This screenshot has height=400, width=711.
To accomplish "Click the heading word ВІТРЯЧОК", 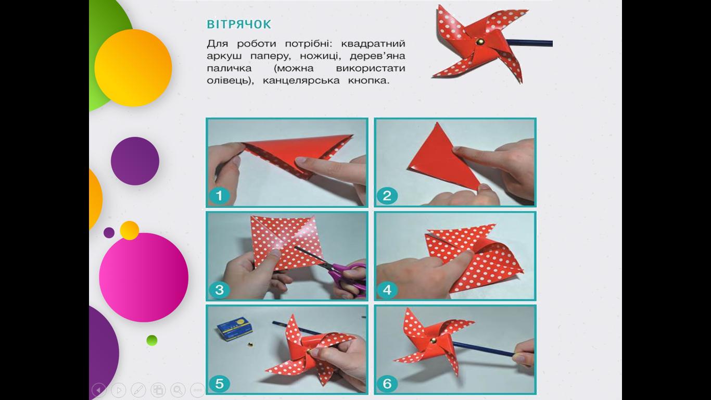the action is point(239,24).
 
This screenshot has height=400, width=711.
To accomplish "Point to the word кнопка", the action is point(368,81).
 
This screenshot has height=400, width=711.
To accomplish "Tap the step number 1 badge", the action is point(219,196).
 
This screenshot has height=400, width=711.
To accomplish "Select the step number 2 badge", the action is point(387,196).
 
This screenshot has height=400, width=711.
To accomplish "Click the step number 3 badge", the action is point(219,290).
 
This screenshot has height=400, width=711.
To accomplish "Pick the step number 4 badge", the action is point(387,290).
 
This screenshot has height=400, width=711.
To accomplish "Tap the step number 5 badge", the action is point(219,383).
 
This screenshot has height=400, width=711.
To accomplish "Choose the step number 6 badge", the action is point(387,383).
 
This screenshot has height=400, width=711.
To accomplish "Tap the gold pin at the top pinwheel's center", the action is point(479,42).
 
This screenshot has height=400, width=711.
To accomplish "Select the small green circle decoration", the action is point(152,340).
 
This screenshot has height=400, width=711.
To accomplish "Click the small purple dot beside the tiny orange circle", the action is point(109,233).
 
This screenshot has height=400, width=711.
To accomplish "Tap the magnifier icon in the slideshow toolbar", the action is point(178,390).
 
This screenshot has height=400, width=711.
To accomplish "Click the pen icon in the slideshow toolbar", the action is point(138,390).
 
